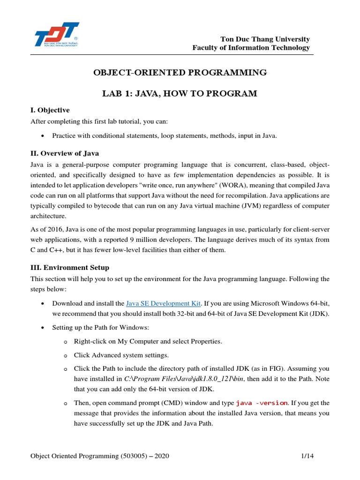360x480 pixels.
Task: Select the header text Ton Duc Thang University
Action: click(265, 39)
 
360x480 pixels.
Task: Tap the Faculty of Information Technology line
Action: click(251, 48)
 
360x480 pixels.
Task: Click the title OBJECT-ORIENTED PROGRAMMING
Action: click(180, 73)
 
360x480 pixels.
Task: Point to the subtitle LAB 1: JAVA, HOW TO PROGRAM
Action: click(180, 94)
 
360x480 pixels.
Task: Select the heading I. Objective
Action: click(50, 110)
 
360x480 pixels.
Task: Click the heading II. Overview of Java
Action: click(65, 153)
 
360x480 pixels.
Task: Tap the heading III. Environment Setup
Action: click(70, 268)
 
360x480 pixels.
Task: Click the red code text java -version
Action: click(262, 403)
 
